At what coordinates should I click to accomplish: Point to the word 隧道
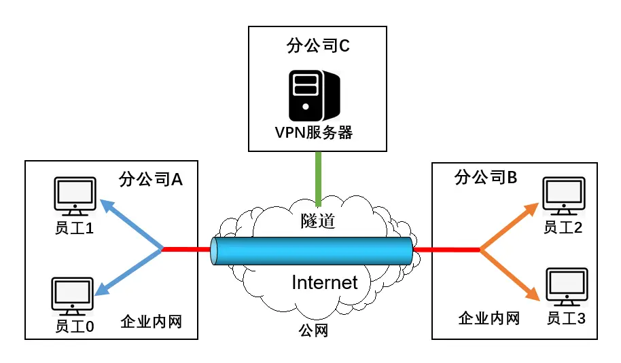(319, 220)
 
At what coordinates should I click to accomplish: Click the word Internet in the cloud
(324, 282)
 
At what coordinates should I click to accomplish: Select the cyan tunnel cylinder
(312, 250)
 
